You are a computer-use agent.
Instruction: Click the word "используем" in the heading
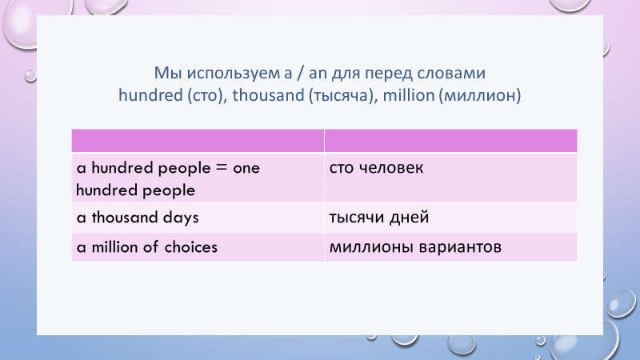coord(234,74)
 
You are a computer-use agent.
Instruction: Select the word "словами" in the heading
coord(451,74)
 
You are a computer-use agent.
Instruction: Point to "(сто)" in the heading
coord(207,95)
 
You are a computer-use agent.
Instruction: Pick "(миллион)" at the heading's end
coord(479,95)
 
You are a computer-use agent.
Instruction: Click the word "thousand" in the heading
coord(268,95)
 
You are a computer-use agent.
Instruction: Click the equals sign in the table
coord(222,168)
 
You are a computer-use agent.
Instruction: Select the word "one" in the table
coord(246,168)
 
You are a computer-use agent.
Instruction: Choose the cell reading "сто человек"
coord(450,178)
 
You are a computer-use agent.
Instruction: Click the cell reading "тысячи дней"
coord(450,218)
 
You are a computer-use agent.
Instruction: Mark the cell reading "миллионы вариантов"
coord(450,247)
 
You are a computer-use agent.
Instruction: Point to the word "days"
coord(181,218)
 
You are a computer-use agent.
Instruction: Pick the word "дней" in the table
coord(409,218)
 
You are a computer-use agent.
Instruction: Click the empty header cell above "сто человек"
coord(450,141)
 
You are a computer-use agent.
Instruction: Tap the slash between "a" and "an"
coord(300,74)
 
